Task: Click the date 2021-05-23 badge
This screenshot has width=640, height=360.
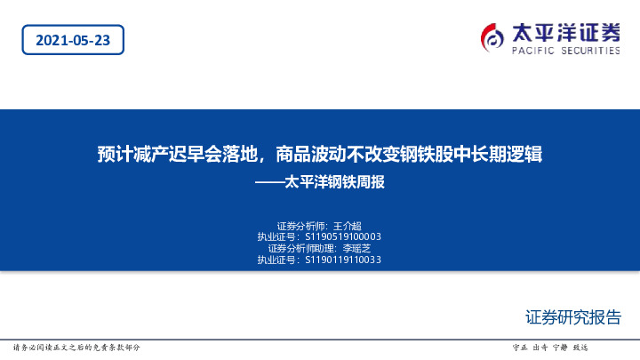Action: [72, 40]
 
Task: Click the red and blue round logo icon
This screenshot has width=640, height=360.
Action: [492, 36]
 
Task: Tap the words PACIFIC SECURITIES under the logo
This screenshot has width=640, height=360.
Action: [566, 52]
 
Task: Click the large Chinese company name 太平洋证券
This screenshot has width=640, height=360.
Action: [566, 33]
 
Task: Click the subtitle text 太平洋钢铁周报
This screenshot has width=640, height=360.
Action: [334, 184]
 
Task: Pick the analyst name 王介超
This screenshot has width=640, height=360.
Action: [348, 226]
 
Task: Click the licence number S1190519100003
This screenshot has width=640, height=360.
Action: [342, 237]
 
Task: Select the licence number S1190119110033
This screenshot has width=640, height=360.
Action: [342, 260]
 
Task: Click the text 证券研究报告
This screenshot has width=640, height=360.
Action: [572, 317]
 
